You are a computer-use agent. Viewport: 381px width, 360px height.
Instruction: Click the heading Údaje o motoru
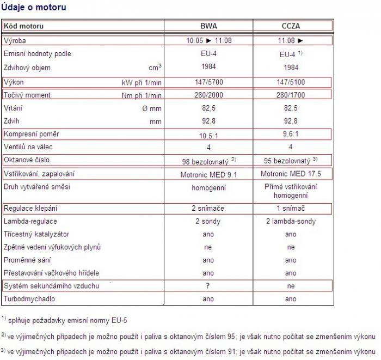click(33, 8)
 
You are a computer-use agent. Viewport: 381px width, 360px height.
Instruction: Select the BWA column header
click(208, 26)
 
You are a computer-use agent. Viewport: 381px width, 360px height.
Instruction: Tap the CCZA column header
click(291, 26)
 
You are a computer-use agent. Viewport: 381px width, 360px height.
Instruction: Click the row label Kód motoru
click(24, 26)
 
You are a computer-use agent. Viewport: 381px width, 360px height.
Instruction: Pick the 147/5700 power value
click(208, 82)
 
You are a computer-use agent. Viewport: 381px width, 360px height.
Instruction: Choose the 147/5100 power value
click(291, 82)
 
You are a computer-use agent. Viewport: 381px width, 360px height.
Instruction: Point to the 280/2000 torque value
click(208, 95)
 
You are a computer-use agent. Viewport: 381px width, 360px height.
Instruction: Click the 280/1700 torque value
click(291, 95)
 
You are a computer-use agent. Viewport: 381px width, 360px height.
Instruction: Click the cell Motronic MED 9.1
click(208, 174)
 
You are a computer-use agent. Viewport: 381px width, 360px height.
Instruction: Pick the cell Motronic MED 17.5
click(291, 174)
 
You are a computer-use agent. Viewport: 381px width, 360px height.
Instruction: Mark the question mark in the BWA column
click(208, 286)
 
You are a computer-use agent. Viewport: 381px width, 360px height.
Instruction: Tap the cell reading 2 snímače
click(208, 209)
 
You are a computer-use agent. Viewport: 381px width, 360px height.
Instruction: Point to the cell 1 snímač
click(291, 209)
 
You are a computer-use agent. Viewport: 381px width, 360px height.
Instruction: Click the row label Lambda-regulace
click(30, 222)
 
